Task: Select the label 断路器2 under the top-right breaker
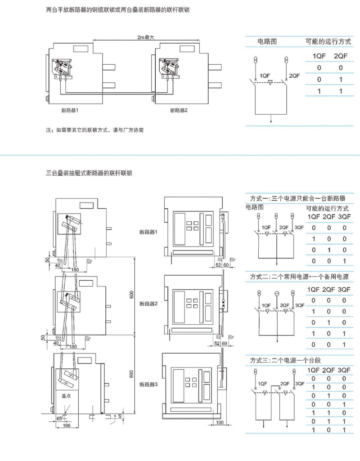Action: pos(179,110)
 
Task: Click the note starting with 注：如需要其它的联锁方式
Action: pos(95,130)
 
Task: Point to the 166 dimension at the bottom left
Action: pos(66,425)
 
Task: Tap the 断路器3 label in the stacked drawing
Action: pos(148,385)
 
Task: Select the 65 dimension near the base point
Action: pos(59,419)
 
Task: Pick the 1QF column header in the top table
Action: pos(319,56)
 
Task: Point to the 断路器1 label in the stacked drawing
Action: pos(148,233)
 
